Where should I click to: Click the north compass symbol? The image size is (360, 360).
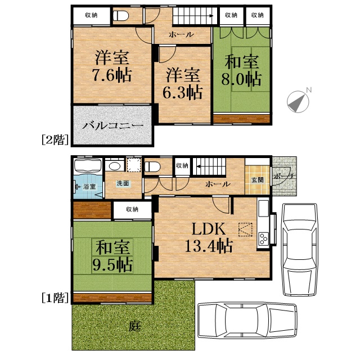pos(299,101)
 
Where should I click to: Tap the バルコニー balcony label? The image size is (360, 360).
pos(112,126)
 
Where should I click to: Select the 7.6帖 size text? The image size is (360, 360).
pos(112,75)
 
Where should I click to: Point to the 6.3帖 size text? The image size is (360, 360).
pos(182,92)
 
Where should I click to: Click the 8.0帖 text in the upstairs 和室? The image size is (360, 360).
pos(241,79)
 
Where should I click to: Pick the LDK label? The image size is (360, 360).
pos(209,229)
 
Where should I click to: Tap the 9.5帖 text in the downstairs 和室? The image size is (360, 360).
pos(112,265)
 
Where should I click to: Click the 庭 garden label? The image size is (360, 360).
pos(134,326)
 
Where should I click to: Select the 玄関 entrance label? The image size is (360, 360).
pos(258,180)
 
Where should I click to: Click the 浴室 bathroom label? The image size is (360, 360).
pos(89,186)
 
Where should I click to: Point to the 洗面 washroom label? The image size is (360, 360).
pos(123,183)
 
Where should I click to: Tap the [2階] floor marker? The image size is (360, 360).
pos(55,139)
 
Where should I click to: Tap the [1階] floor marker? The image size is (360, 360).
pos(55,298)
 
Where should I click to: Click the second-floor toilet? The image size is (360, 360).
pos(121,16)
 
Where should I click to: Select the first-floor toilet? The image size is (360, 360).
pos(152,167)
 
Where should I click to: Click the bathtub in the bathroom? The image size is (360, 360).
pos(88,166)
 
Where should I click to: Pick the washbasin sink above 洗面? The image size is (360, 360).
pos(115,166)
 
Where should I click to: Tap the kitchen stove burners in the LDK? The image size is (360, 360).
pos(263,239)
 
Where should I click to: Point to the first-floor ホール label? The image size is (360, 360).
pos(218,184)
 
